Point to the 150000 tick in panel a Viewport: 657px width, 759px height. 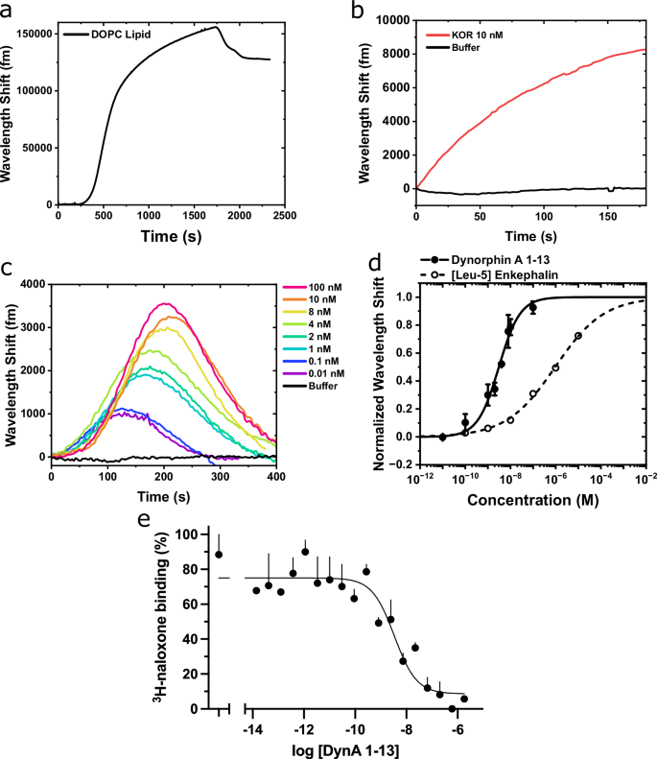(x=32, y=33)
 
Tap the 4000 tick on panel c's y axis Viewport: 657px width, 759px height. (x=32, y=284)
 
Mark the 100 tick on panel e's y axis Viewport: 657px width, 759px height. (x=198, y=534)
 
